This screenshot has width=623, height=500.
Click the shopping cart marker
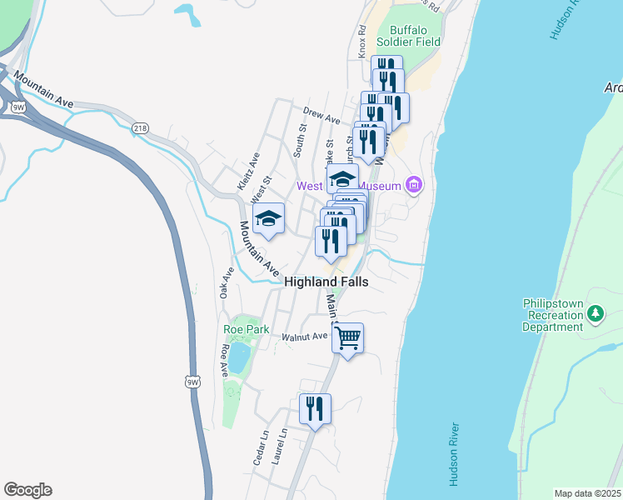pyautogui.click(x=348, y=338)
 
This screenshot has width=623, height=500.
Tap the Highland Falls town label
pyautogui.click(x=326, y=282)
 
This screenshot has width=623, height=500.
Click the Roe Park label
pyautogui.click(x=243, y=329)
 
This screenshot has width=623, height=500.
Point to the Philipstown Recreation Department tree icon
pyautogui.click(x=595, y=314)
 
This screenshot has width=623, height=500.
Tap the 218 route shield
pyautogui.click(x=141, y=127)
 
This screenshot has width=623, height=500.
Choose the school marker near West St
pyautogui.click(x=268, y=219)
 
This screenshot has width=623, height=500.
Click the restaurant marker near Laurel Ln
pyautogui.click(x=315, y=409)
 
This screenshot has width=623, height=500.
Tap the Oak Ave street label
pyautogui.click(x=225, y=282)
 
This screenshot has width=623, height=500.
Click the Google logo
pyautogui.click(x=27, y=490)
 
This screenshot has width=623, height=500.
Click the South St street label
pyautogui.click(x=300, y=140)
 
